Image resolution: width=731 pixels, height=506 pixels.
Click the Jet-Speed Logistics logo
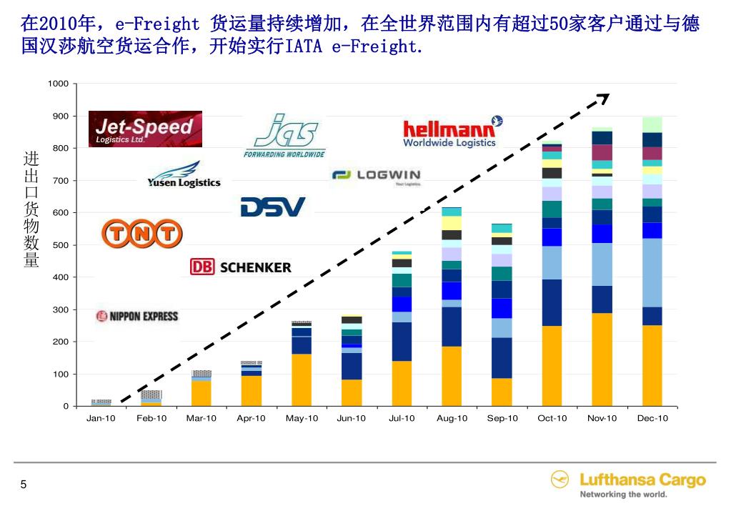[x=145, y=129]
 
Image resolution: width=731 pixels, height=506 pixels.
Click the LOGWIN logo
[x=377, y=175]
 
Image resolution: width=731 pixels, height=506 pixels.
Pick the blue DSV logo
[x=272, y=207]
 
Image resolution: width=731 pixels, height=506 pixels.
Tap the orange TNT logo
[x=141, y=233]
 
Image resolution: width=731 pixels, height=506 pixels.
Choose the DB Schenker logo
[x=241, y=267]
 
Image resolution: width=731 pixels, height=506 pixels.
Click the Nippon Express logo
[x=137, y=316]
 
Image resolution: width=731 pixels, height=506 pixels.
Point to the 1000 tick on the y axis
[x=59, y=84]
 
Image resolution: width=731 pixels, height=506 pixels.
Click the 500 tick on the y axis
[x=61, y=245]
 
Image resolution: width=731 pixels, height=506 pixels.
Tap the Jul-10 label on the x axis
[x=402, y=419]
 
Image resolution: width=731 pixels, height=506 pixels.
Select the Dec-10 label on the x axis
[x=652, y=419]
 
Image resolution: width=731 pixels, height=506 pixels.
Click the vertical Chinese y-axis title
[x=31, y=209]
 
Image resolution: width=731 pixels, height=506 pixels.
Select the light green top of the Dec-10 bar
[x=652, y=124]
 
